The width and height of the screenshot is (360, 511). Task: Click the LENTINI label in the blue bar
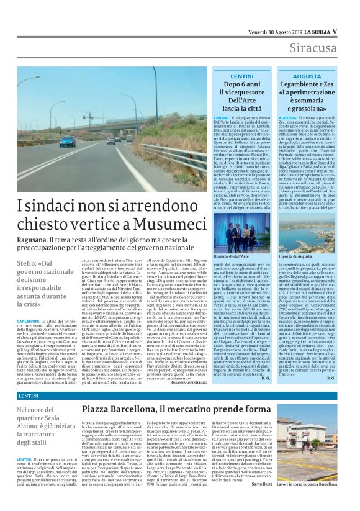(29, 396)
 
